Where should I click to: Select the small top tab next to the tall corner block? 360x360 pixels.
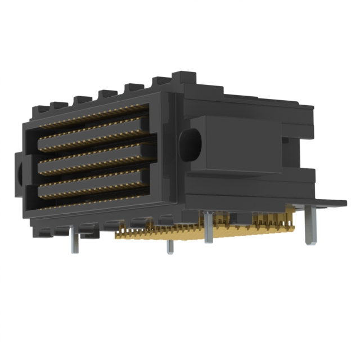[x=159, y=83]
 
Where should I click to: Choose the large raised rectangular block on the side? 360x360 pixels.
[x=236, y=143]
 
